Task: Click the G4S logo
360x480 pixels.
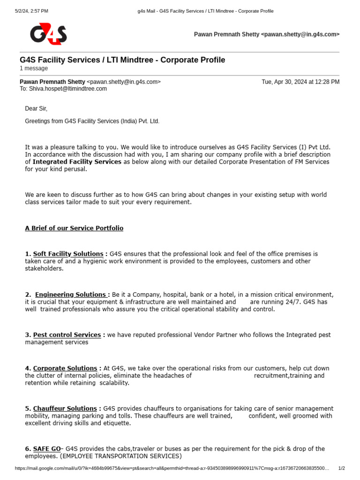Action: tap(48, 34)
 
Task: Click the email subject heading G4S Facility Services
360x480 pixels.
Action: tap(122, 60)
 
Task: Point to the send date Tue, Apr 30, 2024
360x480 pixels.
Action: tap(300, 82)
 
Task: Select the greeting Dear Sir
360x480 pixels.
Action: tap(36, 109)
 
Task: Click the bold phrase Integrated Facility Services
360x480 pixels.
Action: tap(77, 162)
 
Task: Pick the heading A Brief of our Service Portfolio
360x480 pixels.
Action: tap(74, 228)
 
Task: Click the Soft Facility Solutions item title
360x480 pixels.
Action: tap(68, 254)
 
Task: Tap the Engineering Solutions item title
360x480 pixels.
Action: tap(71, 294)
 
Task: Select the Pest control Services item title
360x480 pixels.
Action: tap(67, 335)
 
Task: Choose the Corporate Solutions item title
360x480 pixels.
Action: tap(65, 368)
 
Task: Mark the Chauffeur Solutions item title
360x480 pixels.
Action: tap(65, 409)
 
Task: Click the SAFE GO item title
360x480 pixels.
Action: tap(47, 449)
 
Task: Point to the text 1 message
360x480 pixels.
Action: tap(34, 68)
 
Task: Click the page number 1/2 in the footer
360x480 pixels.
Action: tap(342, 468)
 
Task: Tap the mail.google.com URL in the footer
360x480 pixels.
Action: tap(172, 468)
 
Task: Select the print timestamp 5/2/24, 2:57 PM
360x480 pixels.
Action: tap(31, 11)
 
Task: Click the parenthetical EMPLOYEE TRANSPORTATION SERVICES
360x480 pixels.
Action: tap(121, 456)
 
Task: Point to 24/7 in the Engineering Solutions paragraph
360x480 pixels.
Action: tap(292, 302)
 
